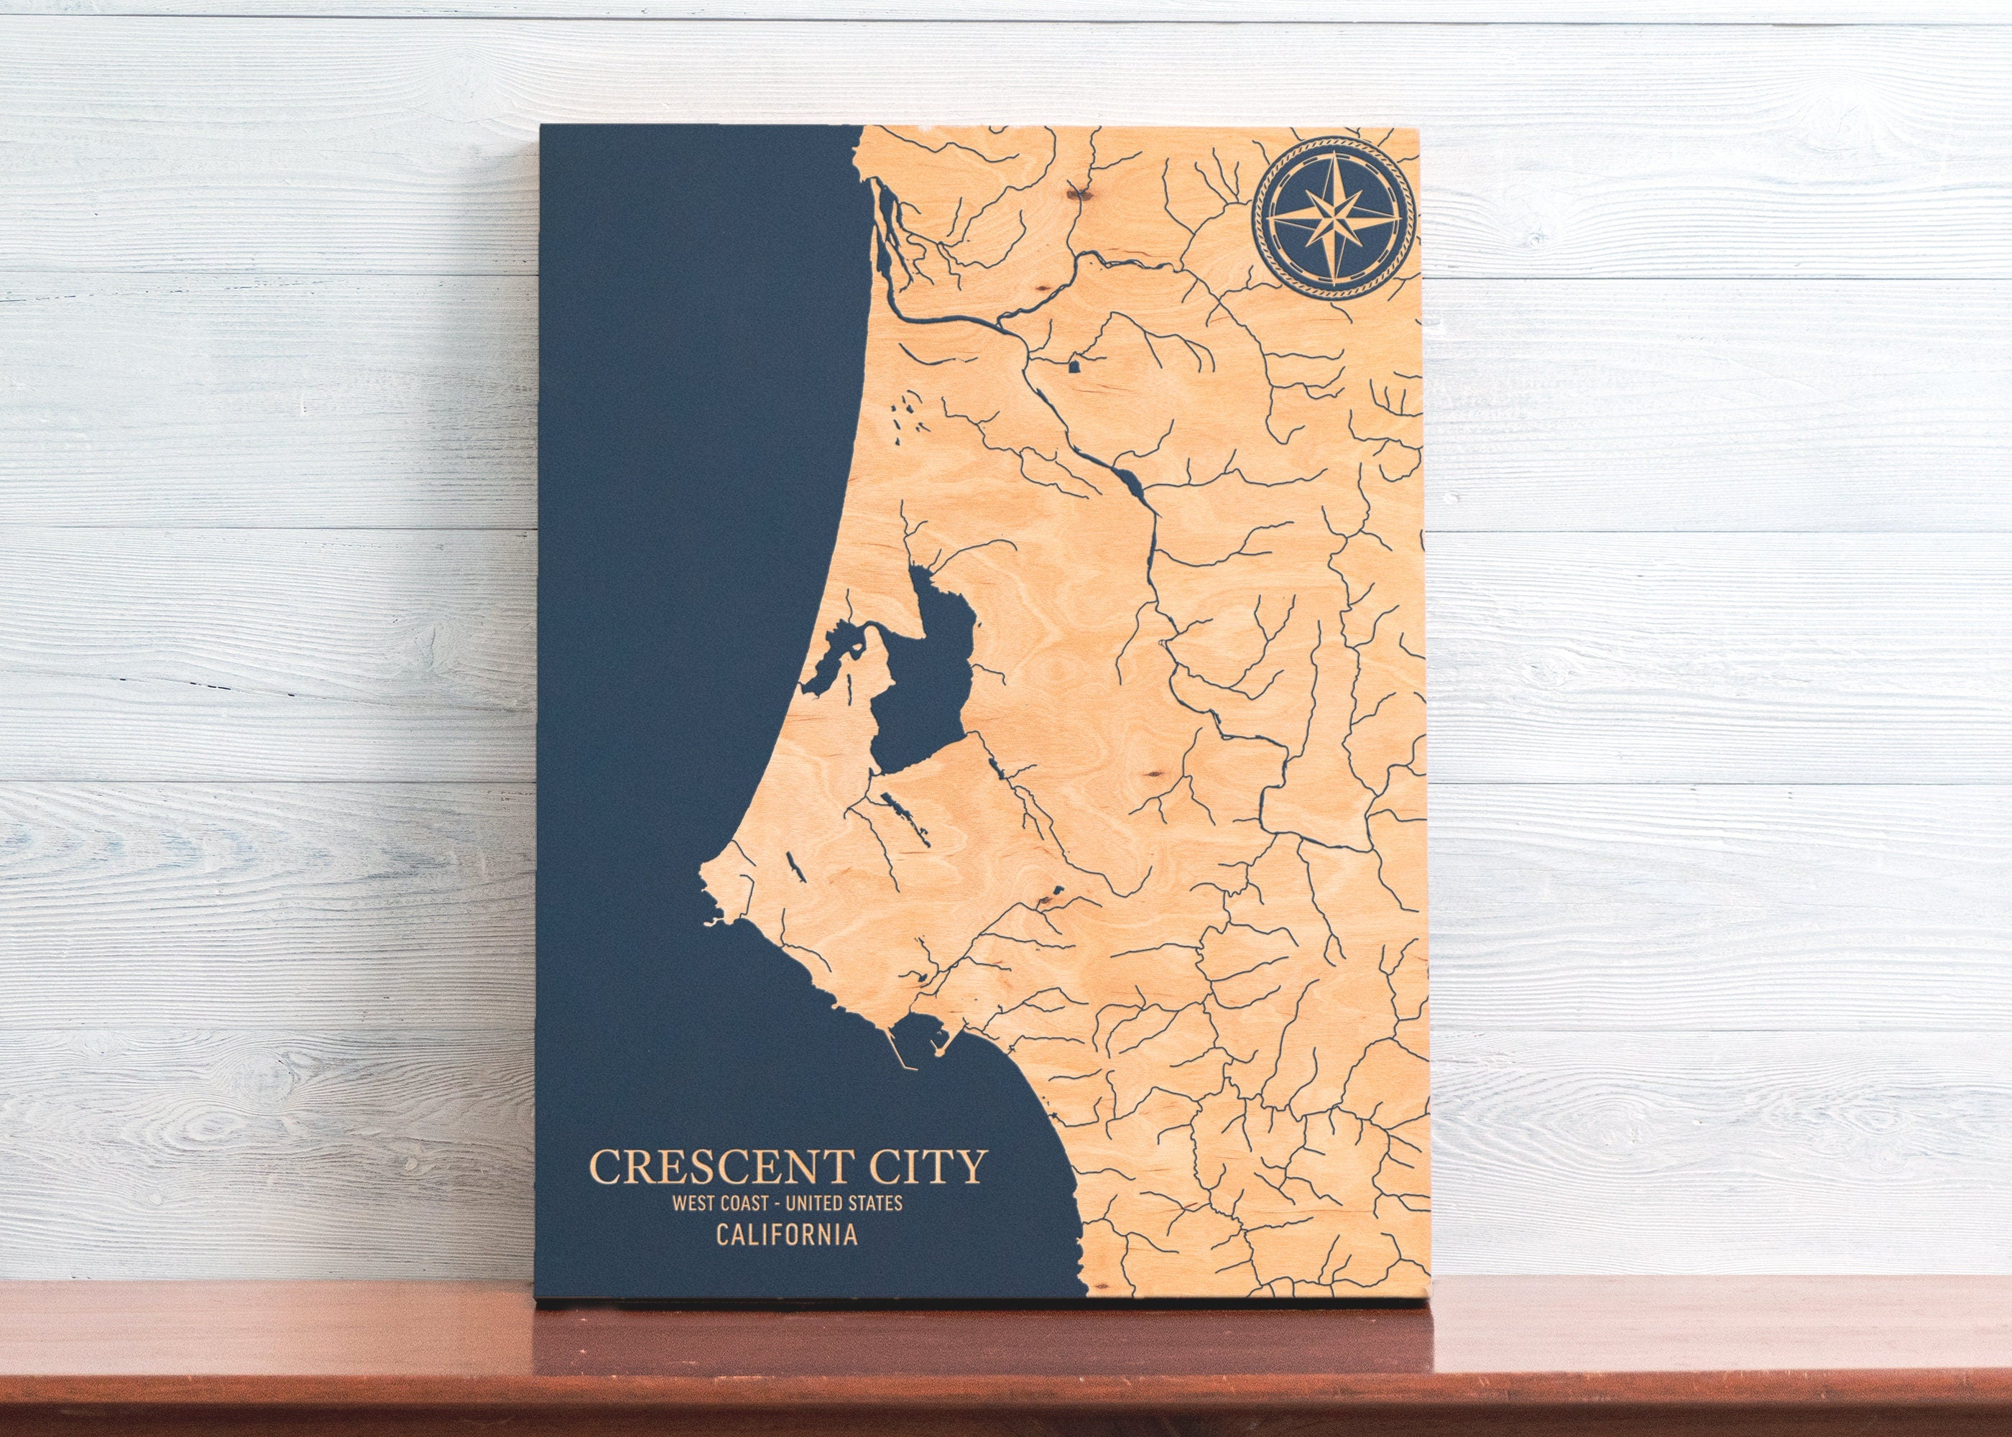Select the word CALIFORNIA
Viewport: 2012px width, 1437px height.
[787, 1234]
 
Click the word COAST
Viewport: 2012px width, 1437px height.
[742, 1203]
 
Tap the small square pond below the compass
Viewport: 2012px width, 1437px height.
[1074, 364]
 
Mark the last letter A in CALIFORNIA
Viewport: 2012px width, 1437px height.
[849, 1234]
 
